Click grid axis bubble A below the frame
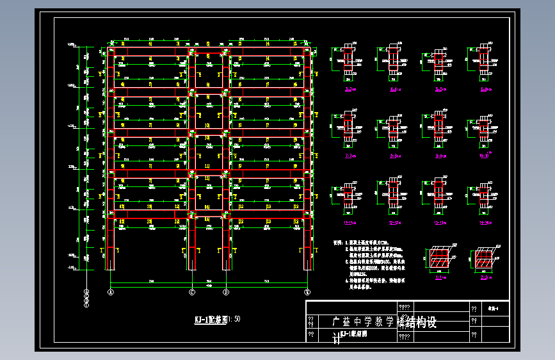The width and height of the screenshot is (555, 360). point(110,292)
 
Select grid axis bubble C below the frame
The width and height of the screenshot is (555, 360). point(191,292)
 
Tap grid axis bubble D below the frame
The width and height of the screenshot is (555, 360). point(225,292)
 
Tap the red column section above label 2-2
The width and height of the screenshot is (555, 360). point(483,259)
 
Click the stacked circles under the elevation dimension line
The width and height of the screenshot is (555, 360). point(86,299)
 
